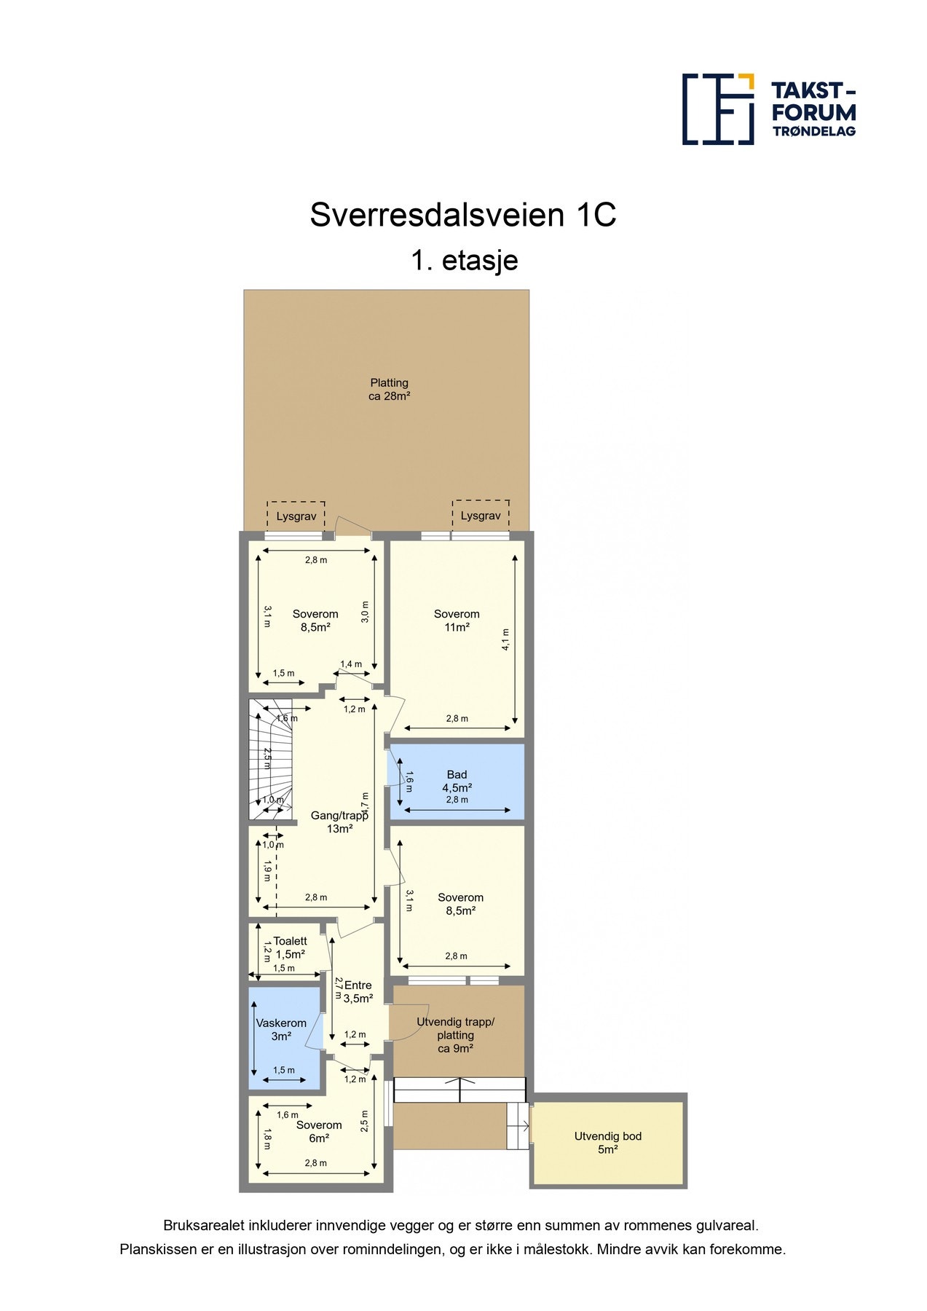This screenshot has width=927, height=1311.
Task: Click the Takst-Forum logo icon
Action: (717, 109)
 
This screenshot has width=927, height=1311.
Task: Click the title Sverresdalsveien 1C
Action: (463, 215)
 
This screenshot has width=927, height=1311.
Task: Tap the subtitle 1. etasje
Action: (464, 260)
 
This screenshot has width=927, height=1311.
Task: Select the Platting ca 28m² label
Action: (389, 390)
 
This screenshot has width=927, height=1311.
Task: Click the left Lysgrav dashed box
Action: (296, 516)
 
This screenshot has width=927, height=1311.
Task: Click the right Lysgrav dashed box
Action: (481, 515)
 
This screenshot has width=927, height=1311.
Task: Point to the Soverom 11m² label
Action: (457, 621)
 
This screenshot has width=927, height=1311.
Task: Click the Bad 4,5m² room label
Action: (457, 781)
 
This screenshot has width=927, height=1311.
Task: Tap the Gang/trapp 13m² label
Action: (339, 822)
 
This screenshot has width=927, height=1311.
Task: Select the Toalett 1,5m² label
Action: (290, 947)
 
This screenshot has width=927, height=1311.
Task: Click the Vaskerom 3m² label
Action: (281, 1029)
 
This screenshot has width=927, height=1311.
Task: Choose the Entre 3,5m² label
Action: (358, 991)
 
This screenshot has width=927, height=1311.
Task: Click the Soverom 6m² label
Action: (319, 1131)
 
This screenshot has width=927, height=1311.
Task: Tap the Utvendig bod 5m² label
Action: (607, 1142)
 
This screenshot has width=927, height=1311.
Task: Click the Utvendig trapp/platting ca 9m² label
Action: (455, 1035)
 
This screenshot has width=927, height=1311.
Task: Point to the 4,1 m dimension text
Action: (505, 639)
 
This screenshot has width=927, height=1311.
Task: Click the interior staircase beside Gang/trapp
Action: (270, 757)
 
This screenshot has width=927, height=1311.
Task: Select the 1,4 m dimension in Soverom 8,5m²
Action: (351, 664)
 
